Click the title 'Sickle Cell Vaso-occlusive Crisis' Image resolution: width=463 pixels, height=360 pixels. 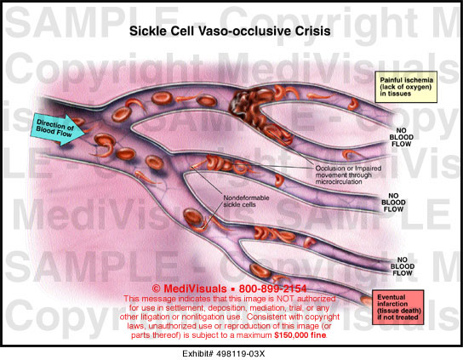click(230, 31)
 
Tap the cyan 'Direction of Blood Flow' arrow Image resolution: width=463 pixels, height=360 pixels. click(58, 129)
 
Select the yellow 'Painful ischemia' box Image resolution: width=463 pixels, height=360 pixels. click(406, 87)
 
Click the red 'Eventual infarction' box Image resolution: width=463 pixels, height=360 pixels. click(398, 307)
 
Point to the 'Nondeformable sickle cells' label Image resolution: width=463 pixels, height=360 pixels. click(246, 201)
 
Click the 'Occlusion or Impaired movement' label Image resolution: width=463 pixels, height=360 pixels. click(348, 174)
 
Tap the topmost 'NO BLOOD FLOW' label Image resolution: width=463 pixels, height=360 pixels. click(401, 137)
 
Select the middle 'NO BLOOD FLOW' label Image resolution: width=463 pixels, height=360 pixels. click(393, 203)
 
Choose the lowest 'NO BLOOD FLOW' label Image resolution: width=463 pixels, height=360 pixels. click(402, 266)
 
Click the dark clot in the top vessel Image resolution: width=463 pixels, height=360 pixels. click(245, 103)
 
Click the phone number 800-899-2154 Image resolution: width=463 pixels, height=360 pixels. click(272, 289)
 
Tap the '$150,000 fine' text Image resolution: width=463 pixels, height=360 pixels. click(300, 335)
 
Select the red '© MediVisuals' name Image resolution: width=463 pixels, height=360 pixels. click(189, 289)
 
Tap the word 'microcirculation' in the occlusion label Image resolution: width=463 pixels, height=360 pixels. click(339, 181)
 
